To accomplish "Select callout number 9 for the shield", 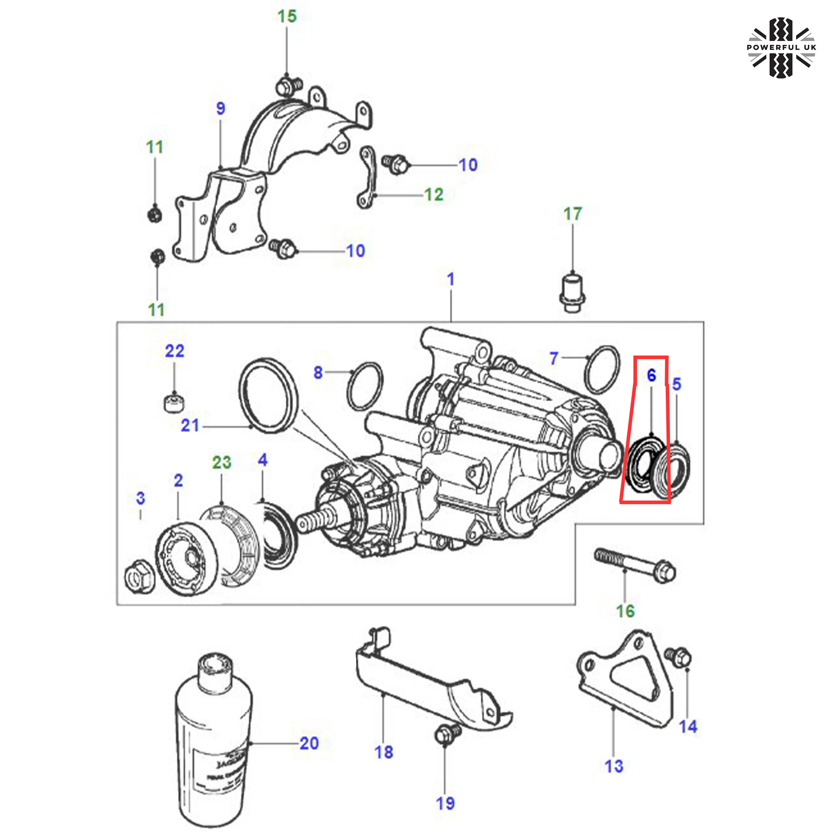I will [220, 108].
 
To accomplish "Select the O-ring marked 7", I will [602, 369].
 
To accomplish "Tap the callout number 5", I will [676, 384].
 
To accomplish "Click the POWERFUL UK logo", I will [781, 47].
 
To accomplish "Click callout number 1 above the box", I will [450, 280].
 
